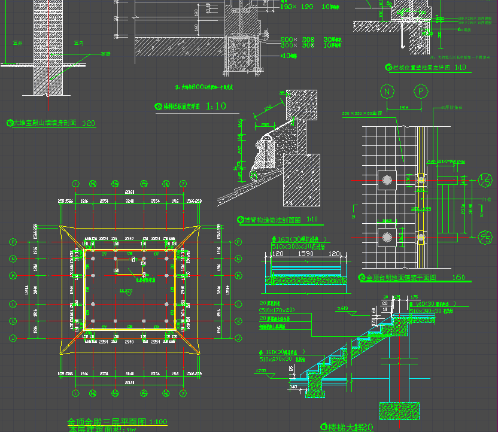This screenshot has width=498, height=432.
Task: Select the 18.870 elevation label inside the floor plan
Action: pyautogui.click(x=126, y=290)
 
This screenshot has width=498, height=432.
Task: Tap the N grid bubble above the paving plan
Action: pyautogui.click(x=388, y=92)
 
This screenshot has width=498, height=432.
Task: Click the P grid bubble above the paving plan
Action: pyautogui.click(x=421, y=92)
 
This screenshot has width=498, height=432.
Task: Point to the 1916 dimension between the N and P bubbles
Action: pyautogui.click(x=404, y=107)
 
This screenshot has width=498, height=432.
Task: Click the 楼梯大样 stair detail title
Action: pyautogui.click(x=347, y=427)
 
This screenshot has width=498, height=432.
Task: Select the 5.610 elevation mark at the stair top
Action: pyautogui.click(x=344, y=309)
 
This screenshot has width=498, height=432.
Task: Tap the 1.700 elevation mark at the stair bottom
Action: pyautogui.click(x=261, y=372)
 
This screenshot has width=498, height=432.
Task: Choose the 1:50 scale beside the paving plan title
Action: pyautogui.click(x=458, y=278)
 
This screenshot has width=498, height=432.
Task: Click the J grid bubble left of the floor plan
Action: pyautogui.click(x=13, y=338)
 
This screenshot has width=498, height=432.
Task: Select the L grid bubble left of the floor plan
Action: pyautogui.click(x=13, y=305)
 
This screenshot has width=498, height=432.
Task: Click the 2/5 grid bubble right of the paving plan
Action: pyautogui.click(x=485, y=238)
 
